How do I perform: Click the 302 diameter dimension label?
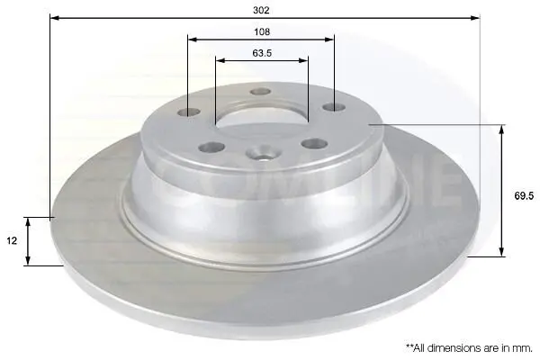pos(261,10)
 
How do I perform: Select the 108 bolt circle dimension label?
pos(262,31)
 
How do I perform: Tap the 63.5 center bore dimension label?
pos(262,53)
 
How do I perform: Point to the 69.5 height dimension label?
pos(524,196)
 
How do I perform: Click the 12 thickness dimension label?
pos(12,241)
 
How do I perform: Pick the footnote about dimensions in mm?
pos(469,348)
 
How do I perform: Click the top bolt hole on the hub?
pos(261,92)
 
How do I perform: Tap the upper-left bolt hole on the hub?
pos(189,112)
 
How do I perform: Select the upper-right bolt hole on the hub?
pos(334,107)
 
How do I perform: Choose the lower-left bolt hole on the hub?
pos(211,148)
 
